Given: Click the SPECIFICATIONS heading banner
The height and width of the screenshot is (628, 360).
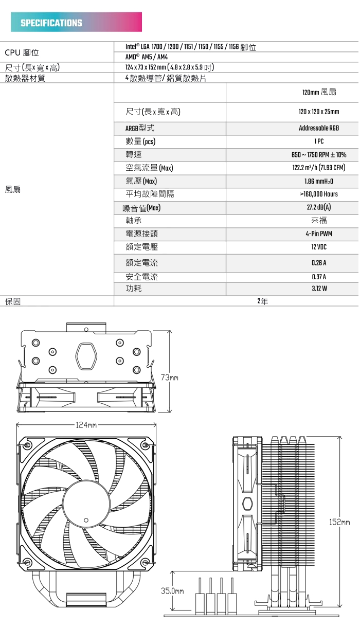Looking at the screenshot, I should pos(76,23).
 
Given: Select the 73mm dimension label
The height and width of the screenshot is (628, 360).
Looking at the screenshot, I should pos(169,378).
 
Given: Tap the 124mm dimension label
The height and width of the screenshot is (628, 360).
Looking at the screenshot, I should pos(86,425).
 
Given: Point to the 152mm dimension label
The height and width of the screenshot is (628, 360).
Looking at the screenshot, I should pos(339,523).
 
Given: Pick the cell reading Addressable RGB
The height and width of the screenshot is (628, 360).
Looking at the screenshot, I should pos(319,128).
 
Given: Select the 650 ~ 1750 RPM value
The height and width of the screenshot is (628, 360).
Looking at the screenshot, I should pos(319,155).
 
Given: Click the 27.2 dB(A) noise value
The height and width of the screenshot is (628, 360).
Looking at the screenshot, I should pos(319,208).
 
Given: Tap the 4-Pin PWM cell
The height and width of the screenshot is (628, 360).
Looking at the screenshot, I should pos(319,234).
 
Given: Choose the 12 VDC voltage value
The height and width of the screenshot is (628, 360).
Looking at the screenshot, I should pos(319,247).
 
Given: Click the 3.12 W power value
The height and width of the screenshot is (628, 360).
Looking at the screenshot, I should pos(319,289).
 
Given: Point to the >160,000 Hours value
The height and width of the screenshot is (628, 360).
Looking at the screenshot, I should pos(319,194).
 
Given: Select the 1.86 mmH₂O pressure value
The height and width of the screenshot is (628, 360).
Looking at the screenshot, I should pos(319,182).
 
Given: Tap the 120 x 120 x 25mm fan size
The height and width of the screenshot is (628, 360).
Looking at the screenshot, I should pos(319,112).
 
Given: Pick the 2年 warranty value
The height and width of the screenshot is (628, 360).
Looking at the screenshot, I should pos(263,301).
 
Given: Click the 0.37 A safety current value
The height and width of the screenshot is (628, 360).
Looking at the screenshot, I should pos(319,277).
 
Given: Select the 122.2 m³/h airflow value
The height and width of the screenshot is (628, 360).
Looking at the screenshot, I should pos(319,168).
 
